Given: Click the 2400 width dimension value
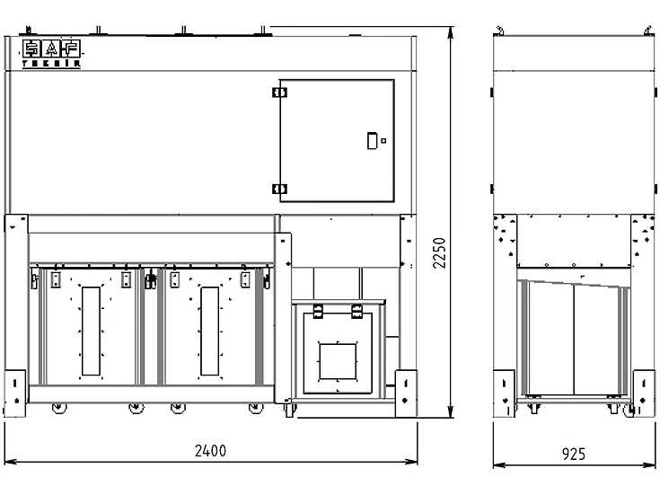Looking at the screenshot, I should [x=211, y=451].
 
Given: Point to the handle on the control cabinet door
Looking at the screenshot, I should [x=372, y=139].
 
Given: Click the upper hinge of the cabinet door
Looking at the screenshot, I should [x=280, y=91].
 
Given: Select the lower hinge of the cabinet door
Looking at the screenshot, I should [x=280, y=189].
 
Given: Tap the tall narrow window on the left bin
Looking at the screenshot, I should [x=91, y=331].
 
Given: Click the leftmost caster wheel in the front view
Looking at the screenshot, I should [x=59, y=409].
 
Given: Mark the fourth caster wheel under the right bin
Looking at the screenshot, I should [x=256, y=409].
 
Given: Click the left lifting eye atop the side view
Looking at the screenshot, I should [x=501, y=31].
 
